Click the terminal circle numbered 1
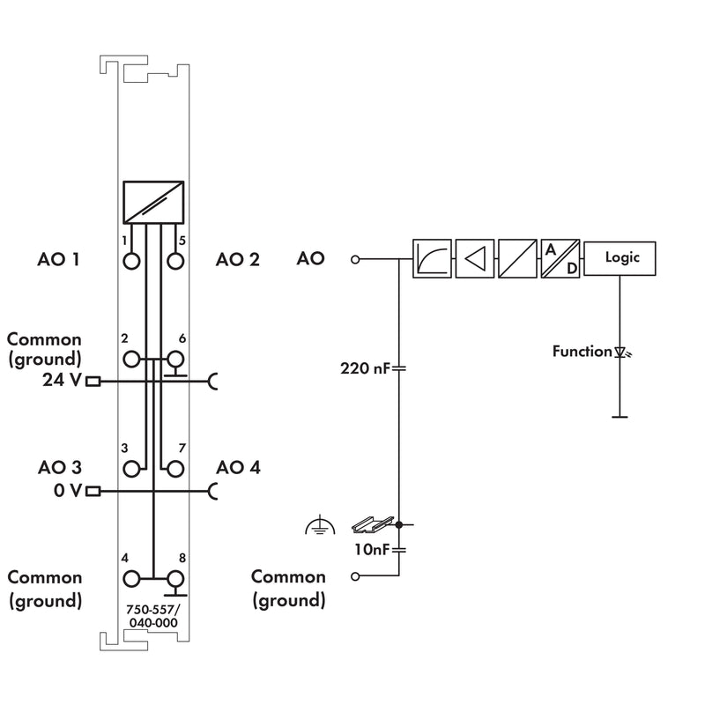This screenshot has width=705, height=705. pyautogui.click(x=131, y=261)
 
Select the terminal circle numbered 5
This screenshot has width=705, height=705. pyautogui.click(x=175, y=261)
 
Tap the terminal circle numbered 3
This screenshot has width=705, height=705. pyautogui.click(x=131, y=469)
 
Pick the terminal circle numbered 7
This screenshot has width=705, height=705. pyautogui.click(x=175, y=469)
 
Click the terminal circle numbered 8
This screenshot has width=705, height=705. pyautogui.click(x=175, y=579)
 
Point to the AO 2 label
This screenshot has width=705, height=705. pyautogui.click(x=237, y=259)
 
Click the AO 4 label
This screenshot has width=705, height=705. pyautogui.click(x=238, y=468)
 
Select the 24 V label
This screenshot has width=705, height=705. pyautogui.click(x=62, y=380)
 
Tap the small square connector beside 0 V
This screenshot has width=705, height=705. pyautogui.click(x=93, y=491)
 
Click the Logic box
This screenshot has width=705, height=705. pyautogui.click(x=620, y=258)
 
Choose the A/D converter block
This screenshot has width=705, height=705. pyautogui.click(x=560, y=258)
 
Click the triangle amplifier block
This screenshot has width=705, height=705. pyautogui.click(x=475, y=258)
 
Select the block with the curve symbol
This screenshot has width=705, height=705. pyautogui.click(x=432, y=258)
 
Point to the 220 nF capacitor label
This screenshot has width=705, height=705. pyautogui.click(x=365, y=368)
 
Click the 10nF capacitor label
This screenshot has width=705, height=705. pyautogui.click(x=371, y=549)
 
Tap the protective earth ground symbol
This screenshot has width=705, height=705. pyautogui.click(x=320, y=524)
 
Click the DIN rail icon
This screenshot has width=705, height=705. pyautogui.click(x=372, y=524)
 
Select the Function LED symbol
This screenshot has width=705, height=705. pyautogui.click(x=622, y=352)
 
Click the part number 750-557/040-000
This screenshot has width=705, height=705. pyautogui.click(x=152, y=616)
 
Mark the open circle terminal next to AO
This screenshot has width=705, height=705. pyautogui.click(x=355, y=259)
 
